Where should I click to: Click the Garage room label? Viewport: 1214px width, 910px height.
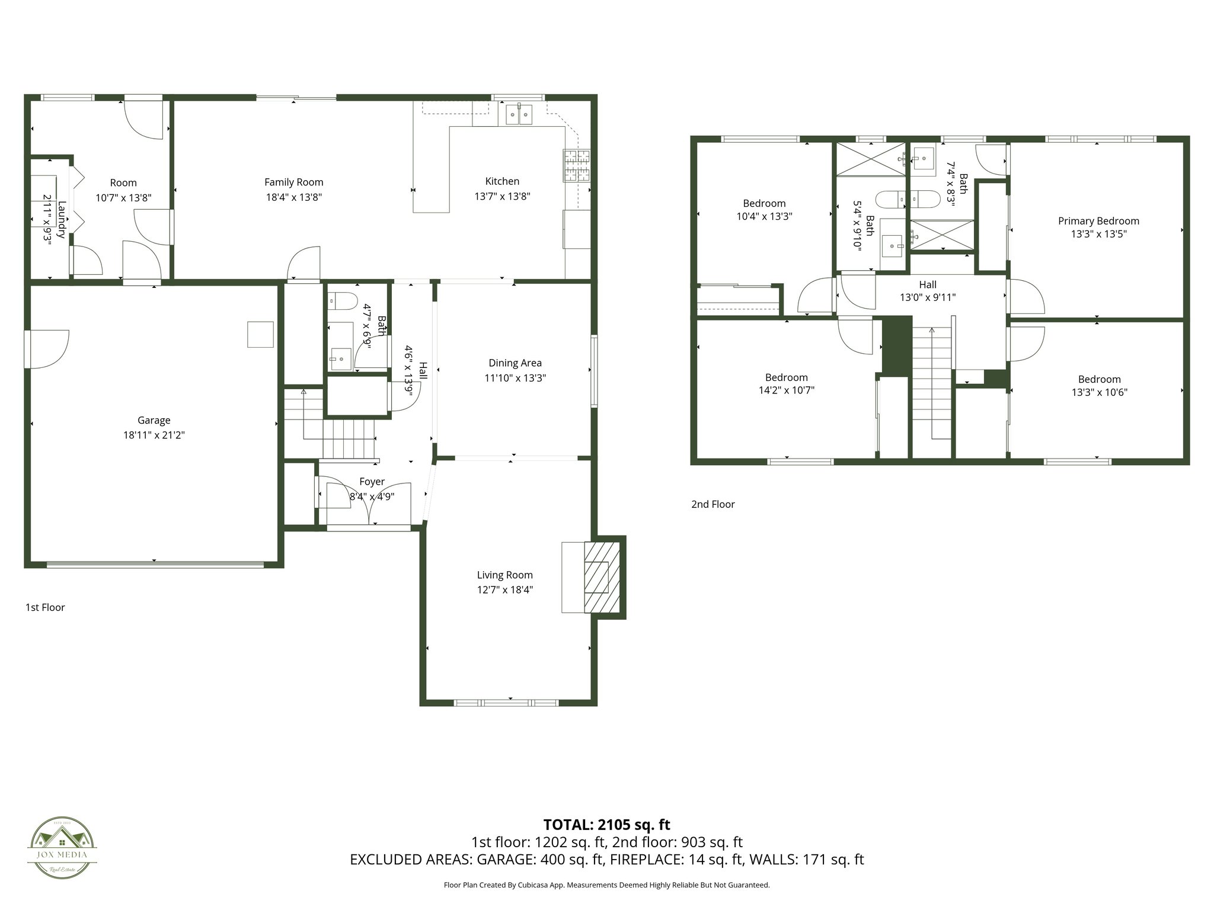[154, 420]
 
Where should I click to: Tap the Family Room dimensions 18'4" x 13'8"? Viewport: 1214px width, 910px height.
[293, 197]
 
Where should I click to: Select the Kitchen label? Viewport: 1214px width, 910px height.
[502, 181]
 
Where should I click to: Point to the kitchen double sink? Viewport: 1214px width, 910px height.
[519, 114]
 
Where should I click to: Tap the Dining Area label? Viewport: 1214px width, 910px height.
[515, 363]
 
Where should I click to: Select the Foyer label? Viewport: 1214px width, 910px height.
[372, 482]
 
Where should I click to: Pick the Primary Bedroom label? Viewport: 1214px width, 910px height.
[1098, 221]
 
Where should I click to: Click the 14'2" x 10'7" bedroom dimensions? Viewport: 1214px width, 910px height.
[786, 390]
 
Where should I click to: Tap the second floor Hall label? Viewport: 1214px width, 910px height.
[928, 285]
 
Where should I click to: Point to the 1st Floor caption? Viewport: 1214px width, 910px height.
[45, 607]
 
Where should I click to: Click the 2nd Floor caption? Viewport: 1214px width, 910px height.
[713, 504]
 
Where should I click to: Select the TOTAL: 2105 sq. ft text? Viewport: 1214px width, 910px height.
[606, 824]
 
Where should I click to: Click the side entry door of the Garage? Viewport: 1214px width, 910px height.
[46, 350]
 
